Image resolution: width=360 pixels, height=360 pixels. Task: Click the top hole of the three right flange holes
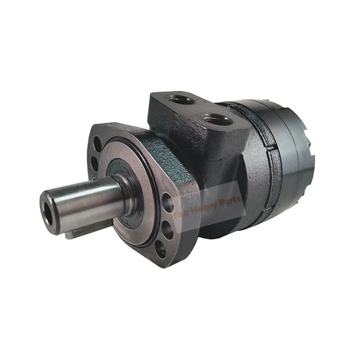coord(166,200)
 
